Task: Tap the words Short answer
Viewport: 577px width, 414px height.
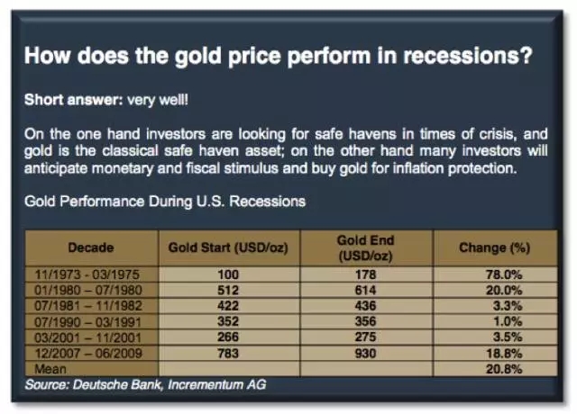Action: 73,100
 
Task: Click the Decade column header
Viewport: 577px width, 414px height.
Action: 91,247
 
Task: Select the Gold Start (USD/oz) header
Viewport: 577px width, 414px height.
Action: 228,247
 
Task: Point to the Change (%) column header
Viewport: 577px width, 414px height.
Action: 495,248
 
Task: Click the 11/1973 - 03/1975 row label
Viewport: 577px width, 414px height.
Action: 87,274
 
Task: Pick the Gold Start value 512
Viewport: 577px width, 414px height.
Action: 228,290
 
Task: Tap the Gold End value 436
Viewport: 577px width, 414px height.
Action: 365,306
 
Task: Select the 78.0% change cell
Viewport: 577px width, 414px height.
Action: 504,274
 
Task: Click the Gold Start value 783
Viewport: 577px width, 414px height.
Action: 228,354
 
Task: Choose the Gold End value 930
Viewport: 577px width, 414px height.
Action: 365,354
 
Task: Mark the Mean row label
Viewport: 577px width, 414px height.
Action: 50,369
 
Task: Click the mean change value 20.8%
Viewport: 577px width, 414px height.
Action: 504,369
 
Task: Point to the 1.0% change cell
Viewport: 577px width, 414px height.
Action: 508,321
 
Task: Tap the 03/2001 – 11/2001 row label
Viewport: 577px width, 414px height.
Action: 88,337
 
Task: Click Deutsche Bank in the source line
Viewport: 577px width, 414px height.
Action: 116,384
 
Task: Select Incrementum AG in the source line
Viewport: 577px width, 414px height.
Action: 216,384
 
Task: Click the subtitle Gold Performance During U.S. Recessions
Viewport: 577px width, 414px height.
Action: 165,202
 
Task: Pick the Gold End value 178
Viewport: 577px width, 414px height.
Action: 365,274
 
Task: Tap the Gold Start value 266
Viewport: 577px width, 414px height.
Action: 228,337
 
